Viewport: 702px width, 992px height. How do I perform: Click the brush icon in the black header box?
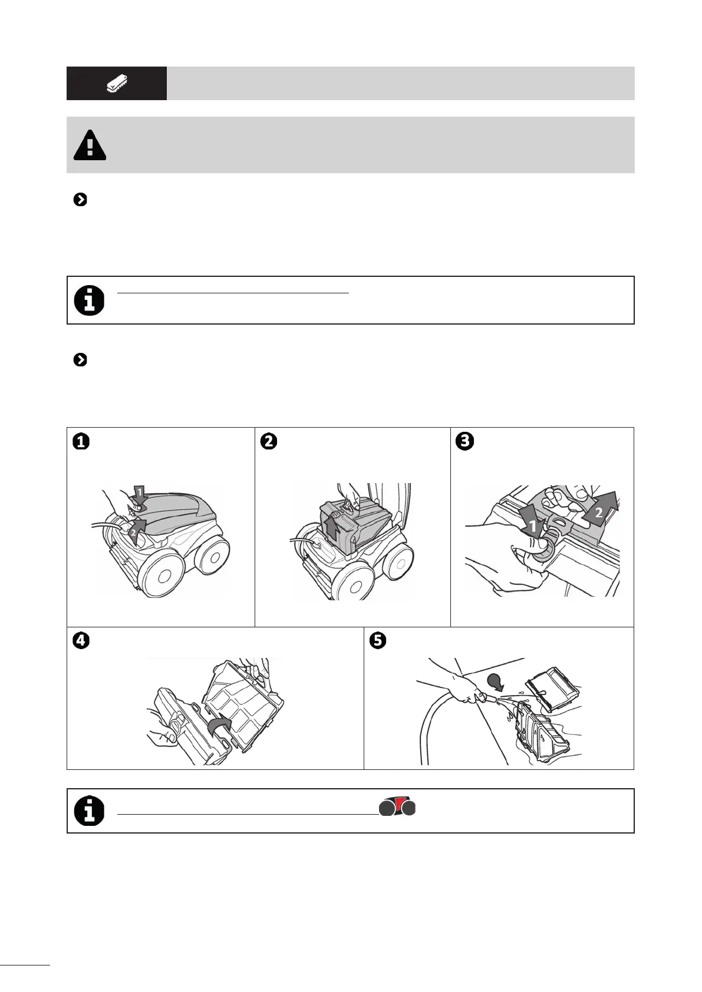pyautogui.click(x=117, y=84)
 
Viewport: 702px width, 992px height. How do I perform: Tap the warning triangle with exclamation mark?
pyautogui.click(x=90, y=145)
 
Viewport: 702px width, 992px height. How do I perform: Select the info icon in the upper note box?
pyautogui.click(x=89, y=300)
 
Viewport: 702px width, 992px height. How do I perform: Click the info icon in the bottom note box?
pyautogui.click(x=89, y=811)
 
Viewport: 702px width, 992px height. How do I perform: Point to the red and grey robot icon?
pyautogui.click(x=397, y=806)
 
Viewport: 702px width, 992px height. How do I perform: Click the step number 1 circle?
pyautogui.click(x=81, y=441)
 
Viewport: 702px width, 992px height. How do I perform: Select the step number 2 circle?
pyautogui.click(x=269, y=441)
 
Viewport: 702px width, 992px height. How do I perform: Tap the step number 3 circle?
pyautogui.click(x=464, y=441)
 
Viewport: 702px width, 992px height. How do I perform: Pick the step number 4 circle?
pyautogui.click(x=81, y=640)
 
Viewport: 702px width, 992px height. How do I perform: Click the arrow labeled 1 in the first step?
pyautogui.click(x=139, y=495)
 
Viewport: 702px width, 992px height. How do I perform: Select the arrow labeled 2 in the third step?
pyautogui.click(x=600, y=510)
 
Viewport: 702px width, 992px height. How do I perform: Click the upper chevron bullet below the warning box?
pyautogui.click(x=80, y=200)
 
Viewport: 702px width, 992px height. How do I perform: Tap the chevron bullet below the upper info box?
pyautogui.click(x=80, y=360)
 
